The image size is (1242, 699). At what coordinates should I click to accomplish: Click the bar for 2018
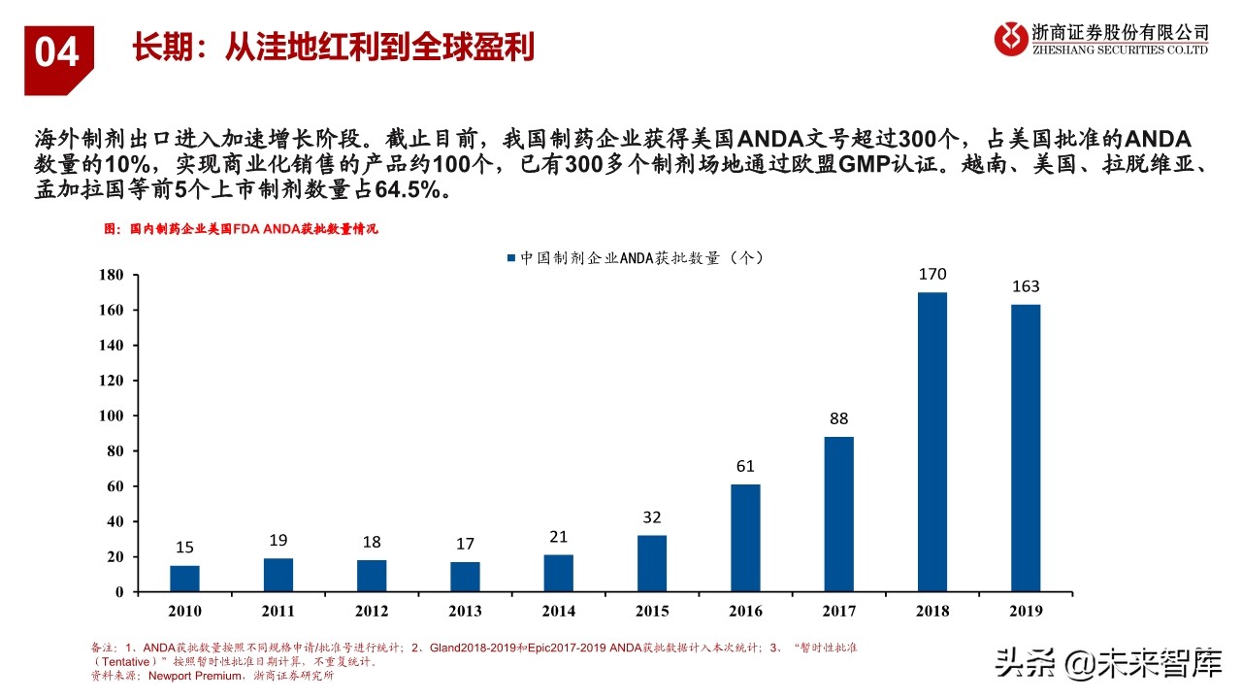[931, 442]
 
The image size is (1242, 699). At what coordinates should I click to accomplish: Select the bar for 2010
[184, 579]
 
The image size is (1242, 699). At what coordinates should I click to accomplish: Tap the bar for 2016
[745, 538]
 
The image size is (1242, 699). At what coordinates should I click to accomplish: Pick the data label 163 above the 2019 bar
[1025, 286]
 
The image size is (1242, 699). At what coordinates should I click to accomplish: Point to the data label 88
[838, 419]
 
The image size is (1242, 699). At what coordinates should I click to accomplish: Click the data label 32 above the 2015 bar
[651, 517]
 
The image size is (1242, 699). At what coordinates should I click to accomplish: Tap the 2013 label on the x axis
[465, 611]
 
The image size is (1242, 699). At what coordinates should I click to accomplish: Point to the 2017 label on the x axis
[838, 611]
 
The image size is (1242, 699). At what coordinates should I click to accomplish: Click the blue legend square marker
[510, 258]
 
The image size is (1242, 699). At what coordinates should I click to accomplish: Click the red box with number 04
[58, 53]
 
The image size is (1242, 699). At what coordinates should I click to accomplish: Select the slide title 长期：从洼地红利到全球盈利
[333, 47]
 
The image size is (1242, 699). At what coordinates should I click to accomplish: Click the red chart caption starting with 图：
[240, 229]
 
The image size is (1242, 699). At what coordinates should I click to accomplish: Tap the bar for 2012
[372, 576]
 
